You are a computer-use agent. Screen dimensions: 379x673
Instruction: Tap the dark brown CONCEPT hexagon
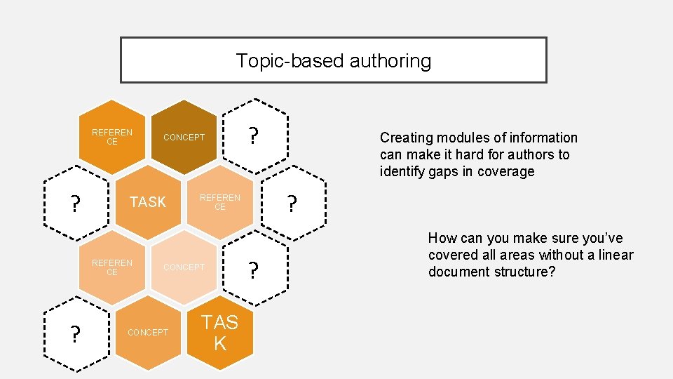coord(184,137)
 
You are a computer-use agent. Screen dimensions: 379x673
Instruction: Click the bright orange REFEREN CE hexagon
coord(112,137)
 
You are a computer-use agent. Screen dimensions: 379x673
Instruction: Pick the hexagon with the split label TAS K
coord(220,332)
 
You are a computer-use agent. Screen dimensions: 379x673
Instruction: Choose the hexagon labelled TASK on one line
coord(148,202)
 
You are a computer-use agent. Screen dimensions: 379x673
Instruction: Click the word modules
coord(458,138)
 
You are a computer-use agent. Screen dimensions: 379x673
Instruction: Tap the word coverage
coord(505,171)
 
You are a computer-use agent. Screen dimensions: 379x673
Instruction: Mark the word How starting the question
coord(442,238)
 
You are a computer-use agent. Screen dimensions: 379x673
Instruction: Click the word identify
coord(403,171)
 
